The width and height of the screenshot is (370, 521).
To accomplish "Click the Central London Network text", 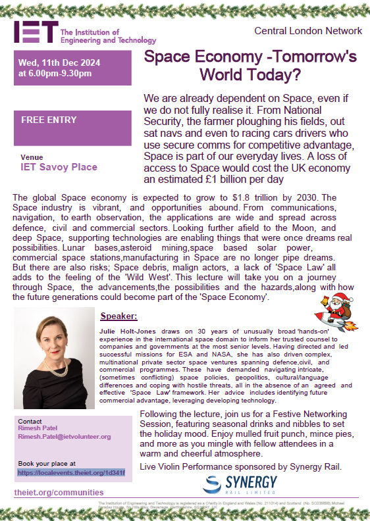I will tap(308, 30).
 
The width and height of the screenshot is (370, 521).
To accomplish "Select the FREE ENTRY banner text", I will tap(49, 120).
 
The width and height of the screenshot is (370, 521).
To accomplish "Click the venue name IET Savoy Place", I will tap(59, 167).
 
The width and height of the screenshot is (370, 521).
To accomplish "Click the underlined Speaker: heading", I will tap(119, 316).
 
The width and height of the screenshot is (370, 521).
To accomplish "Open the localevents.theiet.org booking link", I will tap(71, 472).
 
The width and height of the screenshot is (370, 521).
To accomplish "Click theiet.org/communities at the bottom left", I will tap(59, 492).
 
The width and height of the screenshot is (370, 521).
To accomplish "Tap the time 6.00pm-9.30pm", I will tap(60, 73).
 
